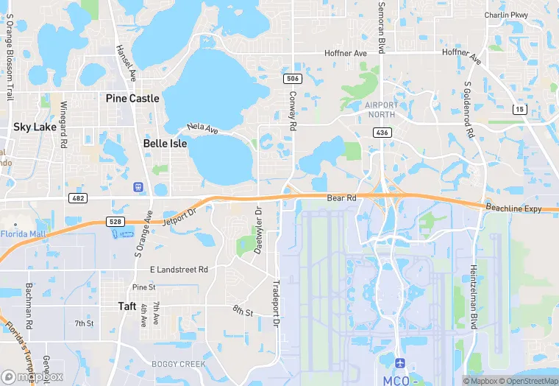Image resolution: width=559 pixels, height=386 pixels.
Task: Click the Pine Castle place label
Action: [132, 98]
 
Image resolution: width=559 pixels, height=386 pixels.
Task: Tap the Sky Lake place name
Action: [35, 127]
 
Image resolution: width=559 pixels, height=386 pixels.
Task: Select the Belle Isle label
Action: [165, 144]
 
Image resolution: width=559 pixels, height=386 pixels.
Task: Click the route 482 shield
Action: [77, 198]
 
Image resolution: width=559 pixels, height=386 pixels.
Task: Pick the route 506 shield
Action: [292, 78]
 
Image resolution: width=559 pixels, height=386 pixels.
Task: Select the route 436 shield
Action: [381, 133]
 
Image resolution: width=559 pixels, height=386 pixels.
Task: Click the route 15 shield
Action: [519, 109]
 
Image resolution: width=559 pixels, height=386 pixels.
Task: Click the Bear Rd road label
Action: [341, 198]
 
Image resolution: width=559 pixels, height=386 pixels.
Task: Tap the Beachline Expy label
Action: [513, 209]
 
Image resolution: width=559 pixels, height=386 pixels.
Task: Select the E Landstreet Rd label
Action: [179, 270]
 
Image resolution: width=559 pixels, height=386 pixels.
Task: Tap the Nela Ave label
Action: [202, 130]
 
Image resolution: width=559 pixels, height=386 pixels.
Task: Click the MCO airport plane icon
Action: [399, 364]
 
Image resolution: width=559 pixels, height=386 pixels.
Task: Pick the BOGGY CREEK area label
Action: [174, 364]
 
